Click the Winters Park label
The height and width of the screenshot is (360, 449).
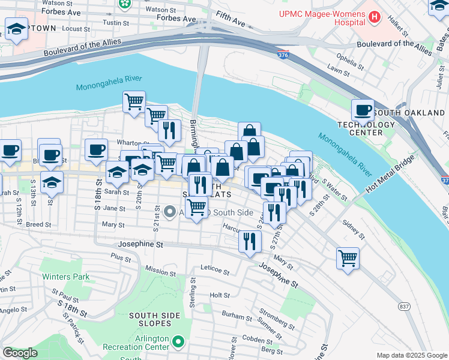tap(65, 277)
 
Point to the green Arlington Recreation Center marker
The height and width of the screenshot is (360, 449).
tap(178, 342)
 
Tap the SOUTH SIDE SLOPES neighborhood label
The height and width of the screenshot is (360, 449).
tap(157, 315)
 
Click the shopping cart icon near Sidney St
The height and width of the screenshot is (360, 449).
tap(348, 259)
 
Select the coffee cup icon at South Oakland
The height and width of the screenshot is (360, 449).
tap(363, 110)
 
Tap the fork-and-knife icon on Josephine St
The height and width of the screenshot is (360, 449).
tap(250, 241)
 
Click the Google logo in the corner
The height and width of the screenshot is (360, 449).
tap(20, 353)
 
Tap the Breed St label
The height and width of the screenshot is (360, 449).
tap(38, 224)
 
